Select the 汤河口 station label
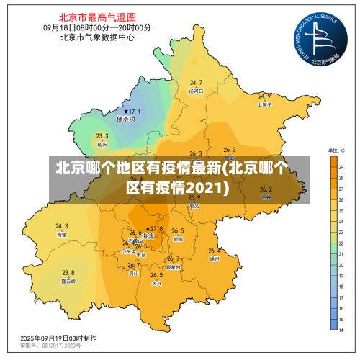196,91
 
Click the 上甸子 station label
264,104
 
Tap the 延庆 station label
102,144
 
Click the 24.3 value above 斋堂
62,226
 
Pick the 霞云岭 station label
68,281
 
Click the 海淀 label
148,236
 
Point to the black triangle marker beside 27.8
147,228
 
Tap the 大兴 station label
156,284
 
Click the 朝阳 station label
177,238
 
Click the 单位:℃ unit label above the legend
337,150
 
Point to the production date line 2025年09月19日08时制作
58,338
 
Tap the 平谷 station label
266,197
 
